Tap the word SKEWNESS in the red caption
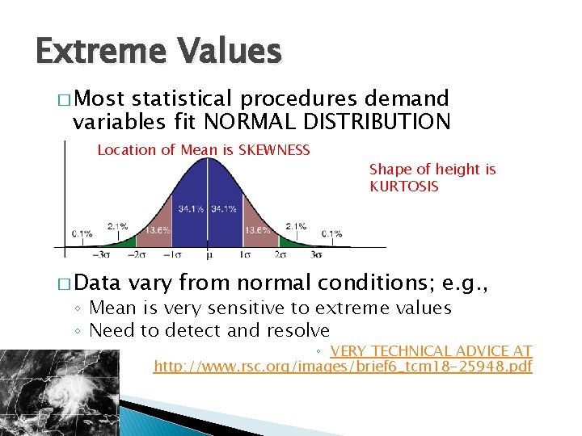[275, 149]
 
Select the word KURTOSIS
[403, 187]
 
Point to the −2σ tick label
[137, 254]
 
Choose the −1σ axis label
[172, 254]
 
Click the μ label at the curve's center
[208, 254]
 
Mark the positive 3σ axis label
[316, 254]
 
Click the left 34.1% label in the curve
[190, 210]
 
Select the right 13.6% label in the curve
[257, 230]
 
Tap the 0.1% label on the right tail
[332, 234]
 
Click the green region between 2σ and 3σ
[288, 241]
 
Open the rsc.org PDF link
[344, 367]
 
